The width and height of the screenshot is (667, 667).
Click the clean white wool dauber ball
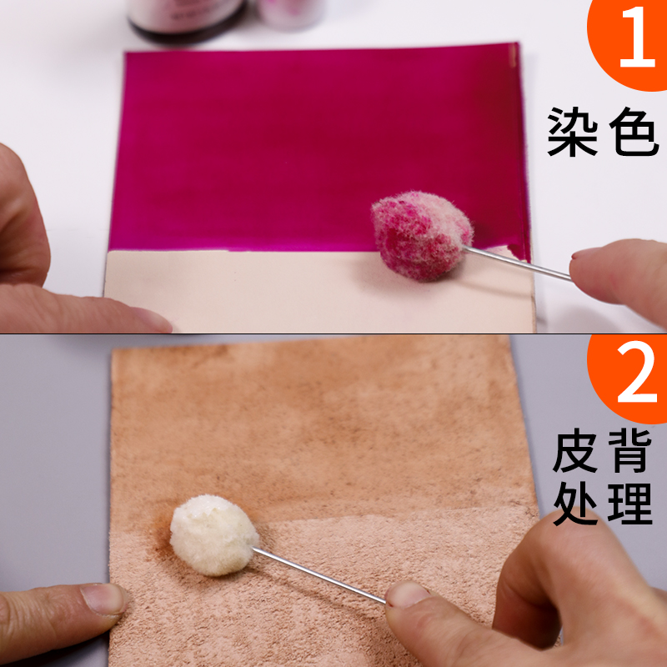[x=214, y=534]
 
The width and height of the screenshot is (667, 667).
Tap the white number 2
[x=637, y=372]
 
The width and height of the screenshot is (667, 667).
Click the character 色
[x=634, y=132]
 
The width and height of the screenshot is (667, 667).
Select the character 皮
[x=575, y=451]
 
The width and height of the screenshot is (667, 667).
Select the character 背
[x=630, y=451]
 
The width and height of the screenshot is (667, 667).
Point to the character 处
[x=575, y=504]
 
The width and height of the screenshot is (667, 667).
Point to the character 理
[x=630, y=504]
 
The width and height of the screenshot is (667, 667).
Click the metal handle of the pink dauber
[x=517, y=263]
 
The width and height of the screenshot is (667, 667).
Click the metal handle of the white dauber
[x=319, y=574]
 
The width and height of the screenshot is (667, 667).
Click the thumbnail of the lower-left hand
[x=103, y=599]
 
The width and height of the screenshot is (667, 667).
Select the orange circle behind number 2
[x=629, y=379]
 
